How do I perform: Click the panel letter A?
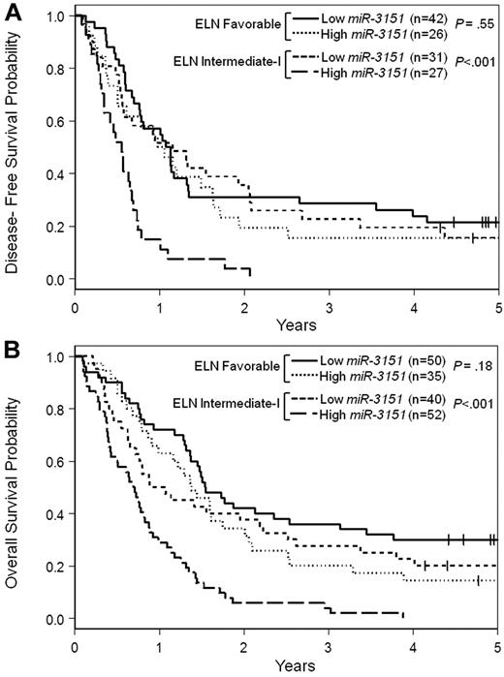11,12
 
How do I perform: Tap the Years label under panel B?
287,666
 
